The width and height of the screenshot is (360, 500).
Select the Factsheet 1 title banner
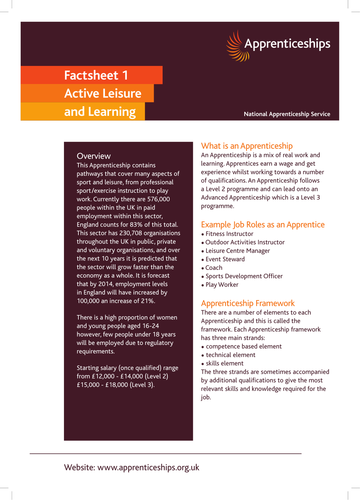pos(82,75)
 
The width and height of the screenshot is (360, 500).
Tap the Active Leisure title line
pos(91,93)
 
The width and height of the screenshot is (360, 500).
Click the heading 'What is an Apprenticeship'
pos(255,145)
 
